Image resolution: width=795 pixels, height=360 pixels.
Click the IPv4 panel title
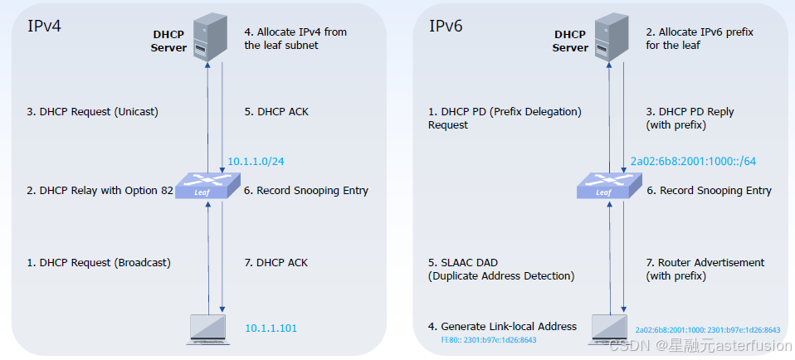pos(45,26)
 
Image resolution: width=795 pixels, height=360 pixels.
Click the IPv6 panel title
pos(446,26)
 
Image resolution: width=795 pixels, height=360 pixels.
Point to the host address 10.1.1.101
pos(271,328)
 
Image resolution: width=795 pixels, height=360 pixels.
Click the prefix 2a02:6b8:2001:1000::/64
pos(694,161)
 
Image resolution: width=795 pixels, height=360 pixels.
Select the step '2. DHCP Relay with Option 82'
pos(100,191)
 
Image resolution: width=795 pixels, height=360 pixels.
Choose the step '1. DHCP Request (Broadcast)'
pos(99,263)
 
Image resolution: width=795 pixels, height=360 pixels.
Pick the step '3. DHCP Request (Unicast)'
pos(93,112)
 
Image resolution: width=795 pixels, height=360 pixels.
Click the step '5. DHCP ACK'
pos(276,112)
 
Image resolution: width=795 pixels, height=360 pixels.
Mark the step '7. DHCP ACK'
pos(276,263)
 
